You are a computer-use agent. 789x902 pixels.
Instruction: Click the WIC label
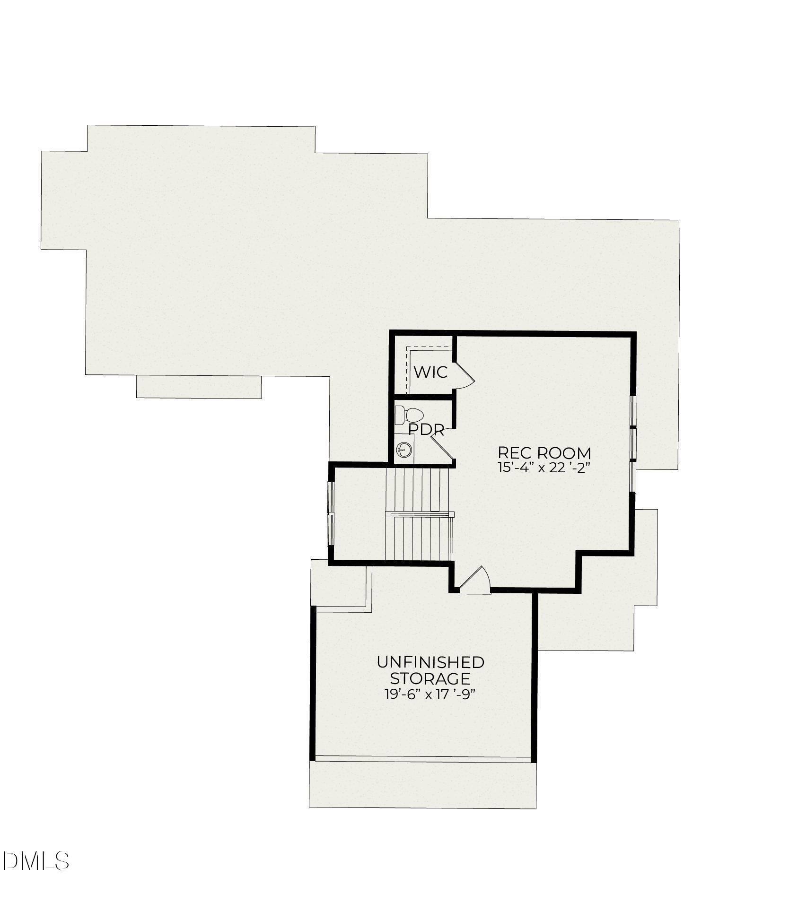pos(430,372)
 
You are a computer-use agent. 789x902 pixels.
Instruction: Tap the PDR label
pos(426,430)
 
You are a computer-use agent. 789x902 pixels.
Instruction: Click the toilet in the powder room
pos(409,416)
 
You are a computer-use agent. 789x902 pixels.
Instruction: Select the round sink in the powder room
pos(403,450)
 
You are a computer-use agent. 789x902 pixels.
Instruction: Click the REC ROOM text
pos(544,453)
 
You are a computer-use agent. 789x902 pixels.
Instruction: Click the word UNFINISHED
pos(430,662)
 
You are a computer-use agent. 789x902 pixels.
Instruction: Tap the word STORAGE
pos(430,678)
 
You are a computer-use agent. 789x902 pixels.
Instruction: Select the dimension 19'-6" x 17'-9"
pos(430,694)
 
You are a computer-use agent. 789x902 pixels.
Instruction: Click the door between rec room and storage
pos(475,581)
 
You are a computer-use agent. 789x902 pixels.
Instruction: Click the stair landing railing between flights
pos(420,514)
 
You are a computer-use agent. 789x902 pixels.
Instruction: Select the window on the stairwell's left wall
pos(331,513)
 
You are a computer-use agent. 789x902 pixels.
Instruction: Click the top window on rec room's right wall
pos(633,410)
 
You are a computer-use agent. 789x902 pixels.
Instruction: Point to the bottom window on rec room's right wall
pos(633,477)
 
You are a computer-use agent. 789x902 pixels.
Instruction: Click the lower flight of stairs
pos(419,539)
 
